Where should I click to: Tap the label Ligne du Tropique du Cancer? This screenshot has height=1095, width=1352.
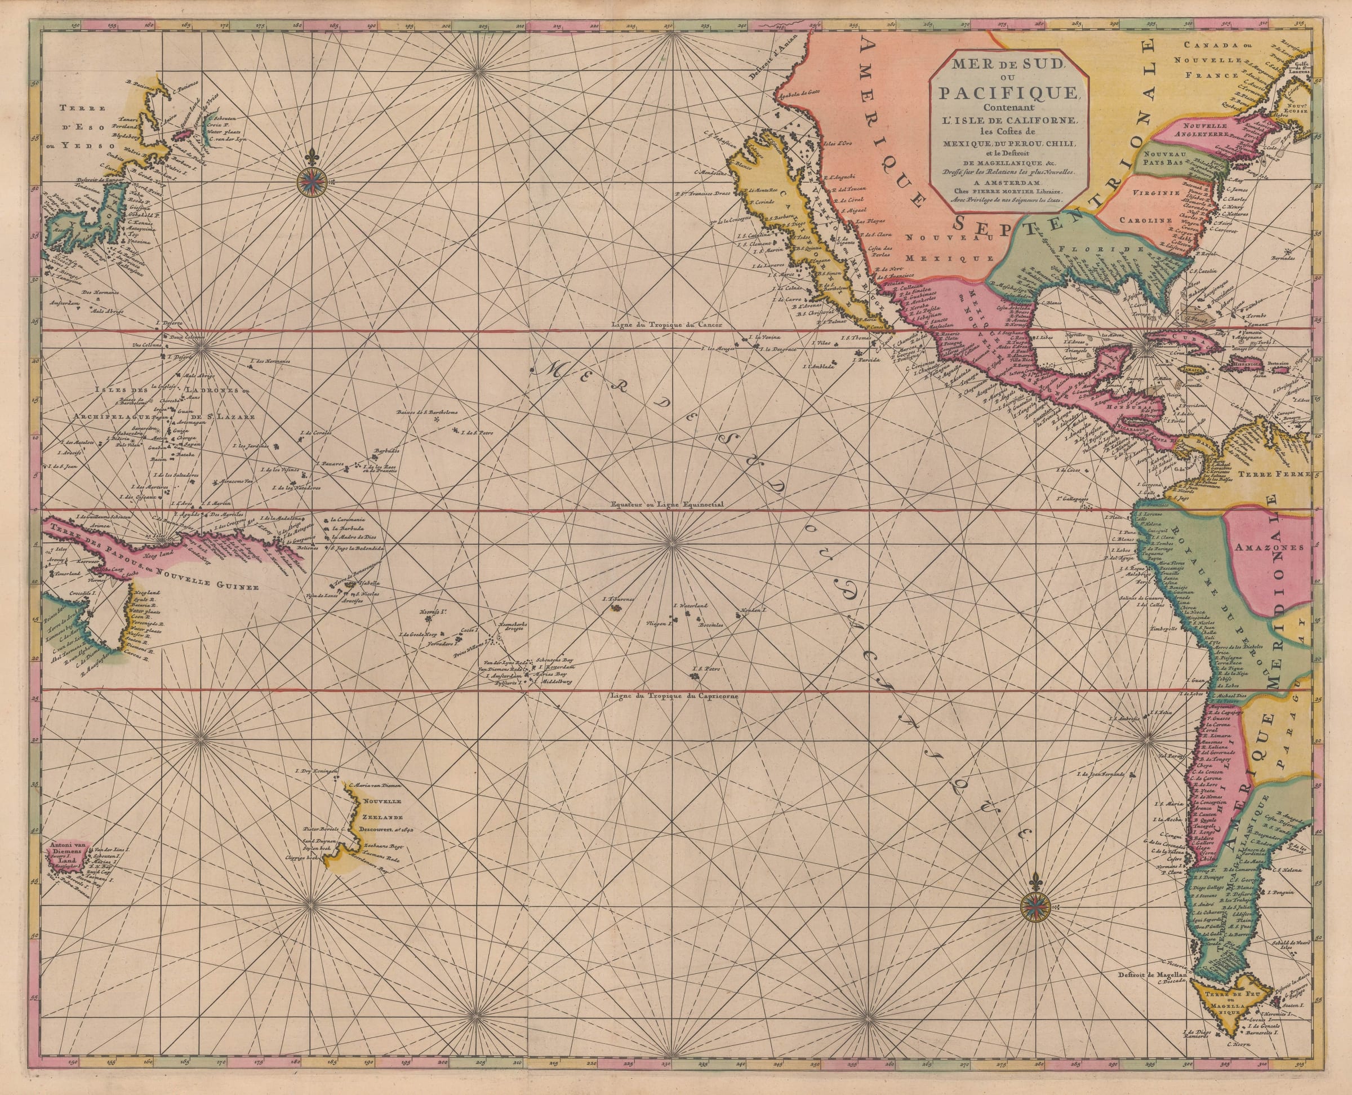pos(666,326)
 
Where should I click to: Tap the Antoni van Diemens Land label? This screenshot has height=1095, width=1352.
pos(70,853)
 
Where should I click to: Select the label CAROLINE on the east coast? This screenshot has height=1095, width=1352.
pos(1145,221)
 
